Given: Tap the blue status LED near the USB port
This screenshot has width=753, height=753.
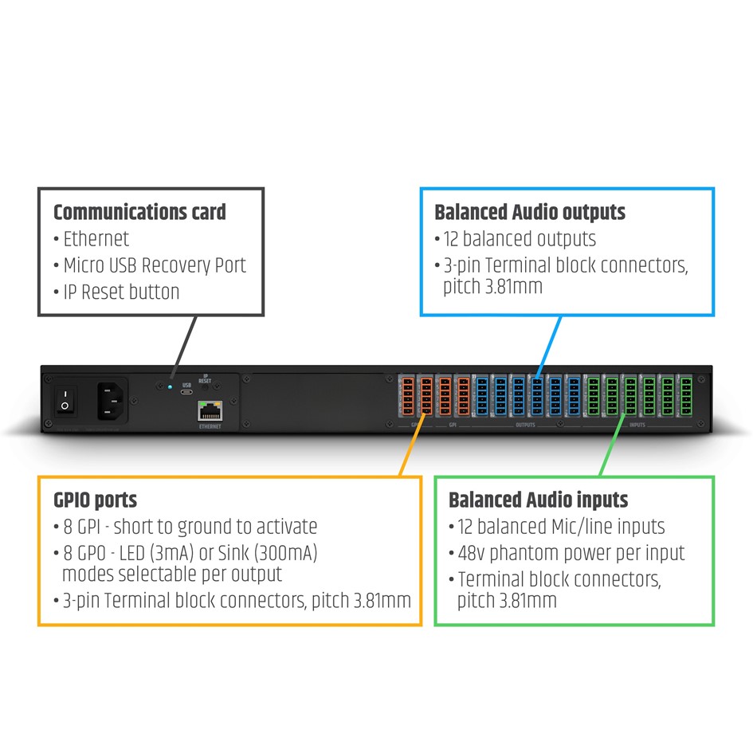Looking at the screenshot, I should tap(170, 387).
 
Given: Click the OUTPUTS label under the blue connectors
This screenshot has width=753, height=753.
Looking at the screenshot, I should tap(525, 426).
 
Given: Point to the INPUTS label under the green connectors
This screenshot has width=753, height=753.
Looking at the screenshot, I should tap(637, 426).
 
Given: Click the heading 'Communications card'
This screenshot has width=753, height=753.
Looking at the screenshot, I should tap(139, 212).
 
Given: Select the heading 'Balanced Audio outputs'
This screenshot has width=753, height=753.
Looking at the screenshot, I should tap(530, 212).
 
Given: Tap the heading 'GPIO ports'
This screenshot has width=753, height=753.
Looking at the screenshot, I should tap(95, 500).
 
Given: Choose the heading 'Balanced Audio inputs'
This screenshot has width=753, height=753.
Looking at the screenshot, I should tap(539, 500).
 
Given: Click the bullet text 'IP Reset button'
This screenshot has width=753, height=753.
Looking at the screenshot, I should tap(121, 292).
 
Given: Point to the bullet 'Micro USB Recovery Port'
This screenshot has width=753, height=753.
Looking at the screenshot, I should tap(155, 265).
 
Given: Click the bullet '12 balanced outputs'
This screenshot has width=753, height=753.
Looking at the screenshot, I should tap(520, 238).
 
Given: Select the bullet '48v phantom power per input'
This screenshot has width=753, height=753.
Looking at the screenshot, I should tap(571, 552).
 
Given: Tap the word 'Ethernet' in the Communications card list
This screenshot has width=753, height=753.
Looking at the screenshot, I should tap(96, 238).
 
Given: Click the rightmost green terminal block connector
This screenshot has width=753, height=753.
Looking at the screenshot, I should tap(685, 394).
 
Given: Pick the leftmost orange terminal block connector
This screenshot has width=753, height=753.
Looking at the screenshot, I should tap(406, 394).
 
